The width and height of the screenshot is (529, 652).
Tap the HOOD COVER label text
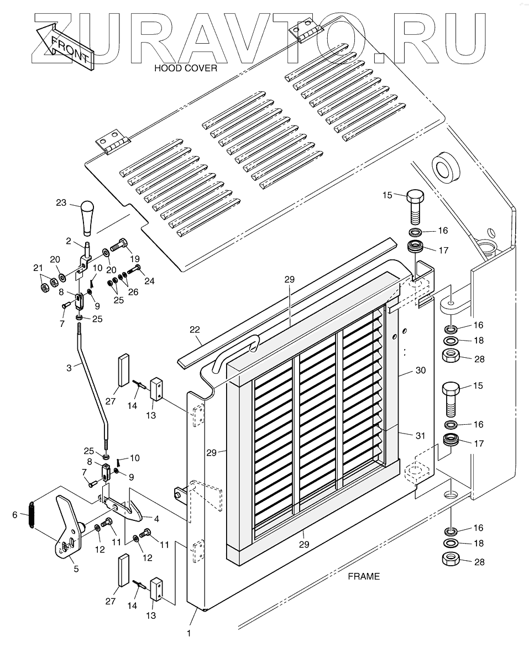pos(185,69)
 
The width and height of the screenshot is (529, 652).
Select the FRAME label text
pos(363,576)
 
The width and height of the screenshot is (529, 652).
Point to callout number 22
pos(195,330)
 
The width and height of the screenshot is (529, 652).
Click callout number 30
pos(420,371)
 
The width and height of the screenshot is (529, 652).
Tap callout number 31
pos(420,436)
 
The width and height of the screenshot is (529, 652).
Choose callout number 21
pos(38,268)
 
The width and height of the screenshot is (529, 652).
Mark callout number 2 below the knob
pos(68,241)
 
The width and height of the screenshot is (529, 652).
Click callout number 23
pos(61,202)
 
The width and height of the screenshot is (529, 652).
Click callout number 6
pos(15,514)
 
